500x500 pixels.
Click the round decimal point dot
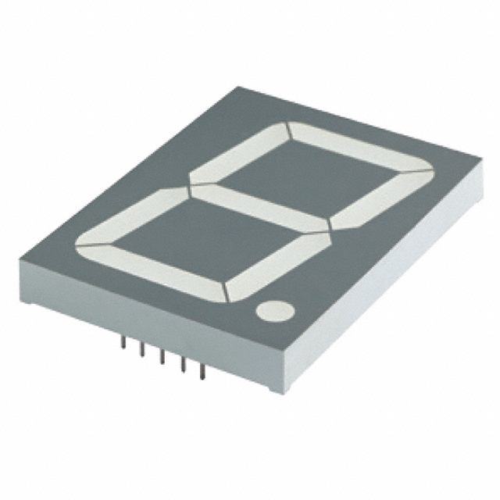pos(275,311)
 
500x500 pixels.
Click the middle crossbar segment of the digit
pos(259,207)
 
